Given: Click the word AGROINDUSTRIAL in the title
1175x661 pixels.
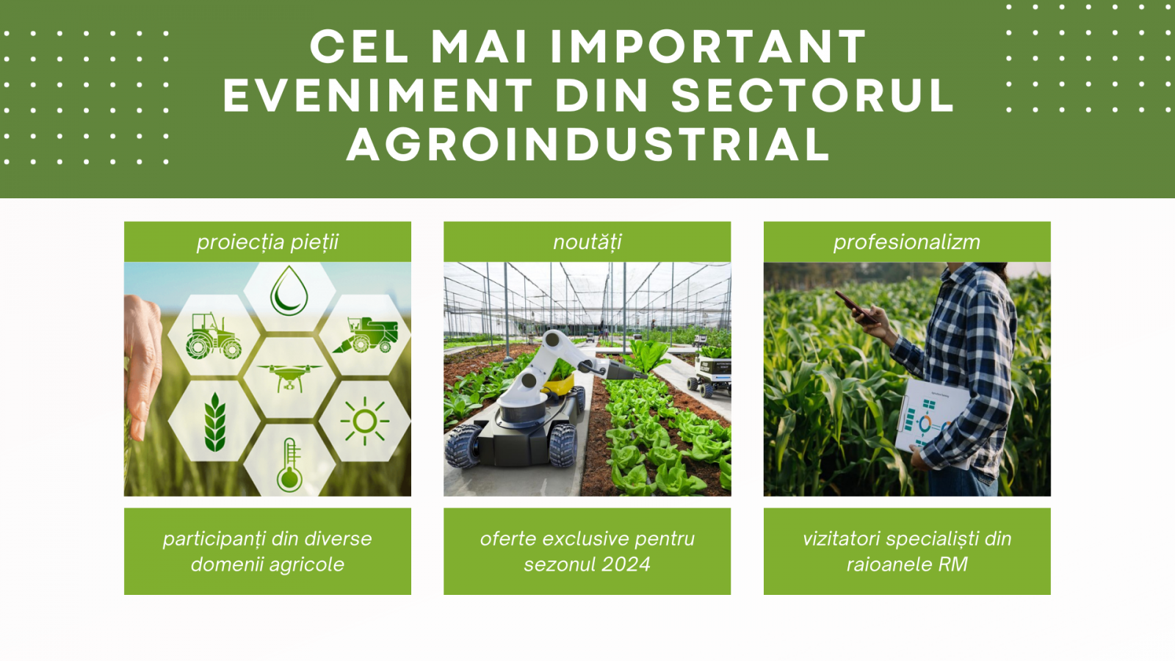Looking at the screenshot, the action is click(588, 144).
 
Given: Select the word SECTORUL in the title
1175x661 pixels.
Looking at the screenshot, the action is click(812, 95).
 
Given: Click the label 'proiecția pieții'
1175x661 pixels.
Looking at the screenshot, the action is click(267, 242).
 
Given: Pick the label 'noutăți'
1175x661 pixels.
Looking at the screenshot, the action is click(587, 242).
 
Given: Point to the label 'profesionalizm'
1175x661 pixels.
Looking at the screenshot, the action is click(907, 242).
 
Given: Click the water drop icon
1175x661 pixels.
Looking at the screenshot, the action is click(289, 291).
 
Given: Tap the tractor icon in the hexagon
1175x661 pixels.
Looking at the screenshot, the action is click(214, 336).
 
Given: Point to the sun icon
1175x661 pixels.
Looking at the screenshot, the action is click(364, 421).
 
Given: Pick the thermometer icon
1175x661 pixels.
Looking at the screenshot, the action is click(289, 465).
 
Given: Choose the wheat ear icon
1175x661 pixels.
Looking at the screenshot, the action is click(215, 422).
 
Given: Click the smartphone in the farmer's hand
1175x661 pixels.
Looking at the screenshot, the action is click(856, 308).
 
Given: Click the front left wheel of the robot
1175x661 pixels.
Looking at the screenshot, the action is click(464, 446).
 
